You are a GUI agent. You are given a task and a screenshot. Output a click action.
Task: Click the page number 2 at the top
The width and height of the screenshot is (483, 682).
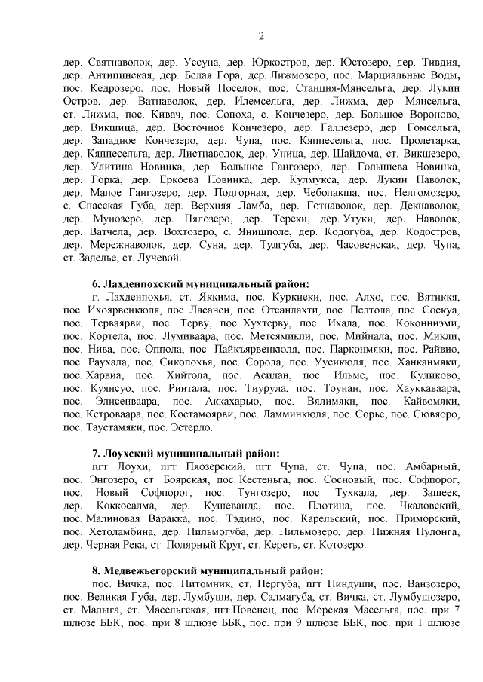coord(261,35)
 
